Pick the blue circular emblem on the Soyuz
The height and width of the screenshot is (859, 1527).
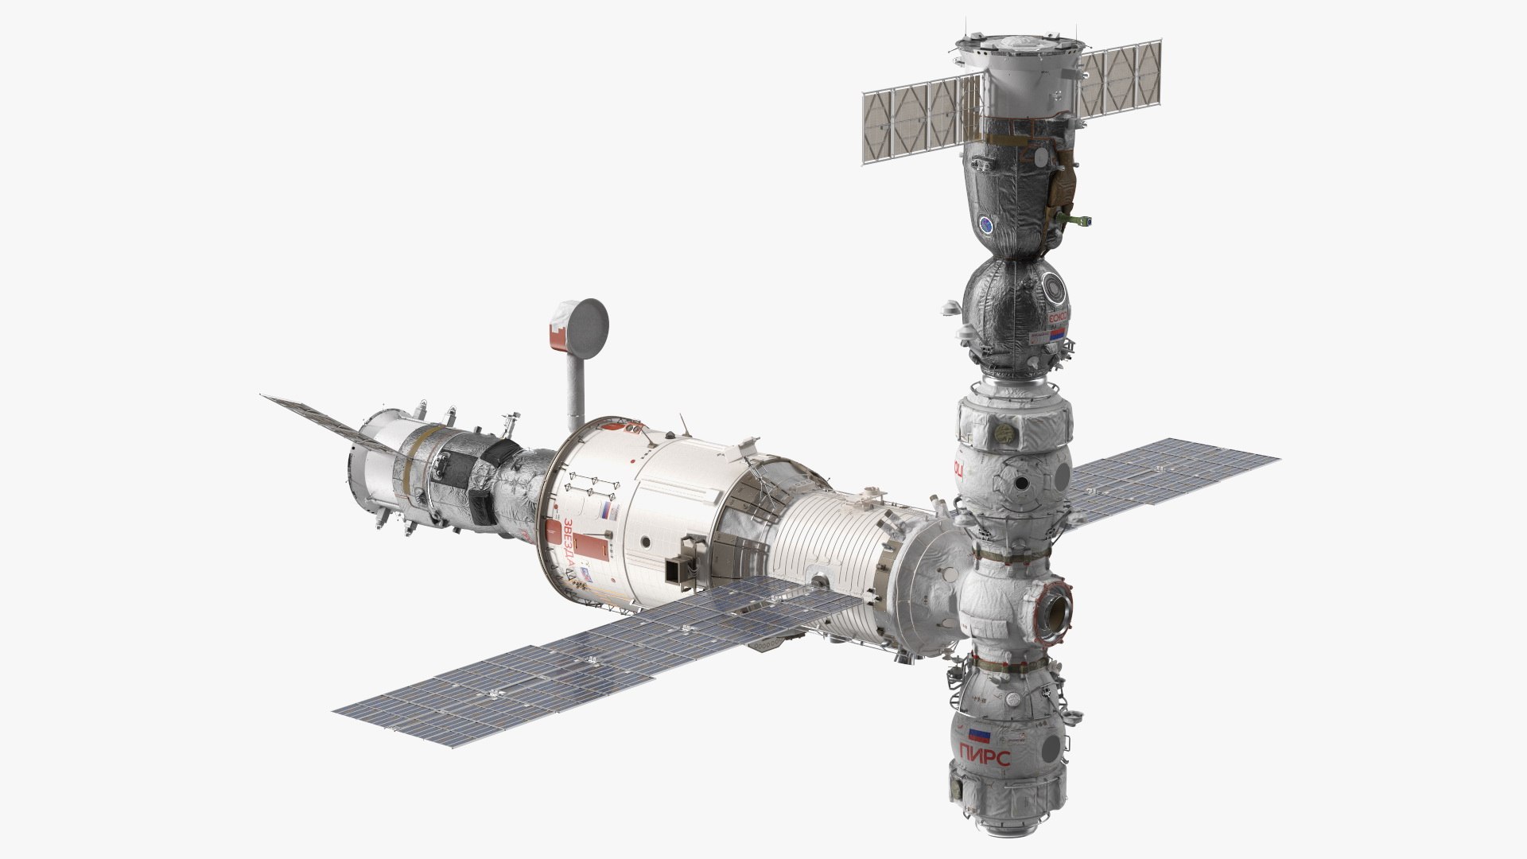coord(986,225)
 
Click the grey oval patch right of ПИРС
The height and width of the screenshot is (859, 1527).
coord(1052,746)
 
